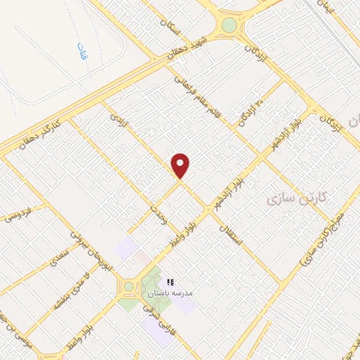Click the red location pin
coord(181,165)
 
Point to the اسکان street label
coord(171,29)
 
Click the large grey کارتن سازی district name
coord(297,200)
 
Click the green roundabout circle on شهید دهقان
coord(229,25)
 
